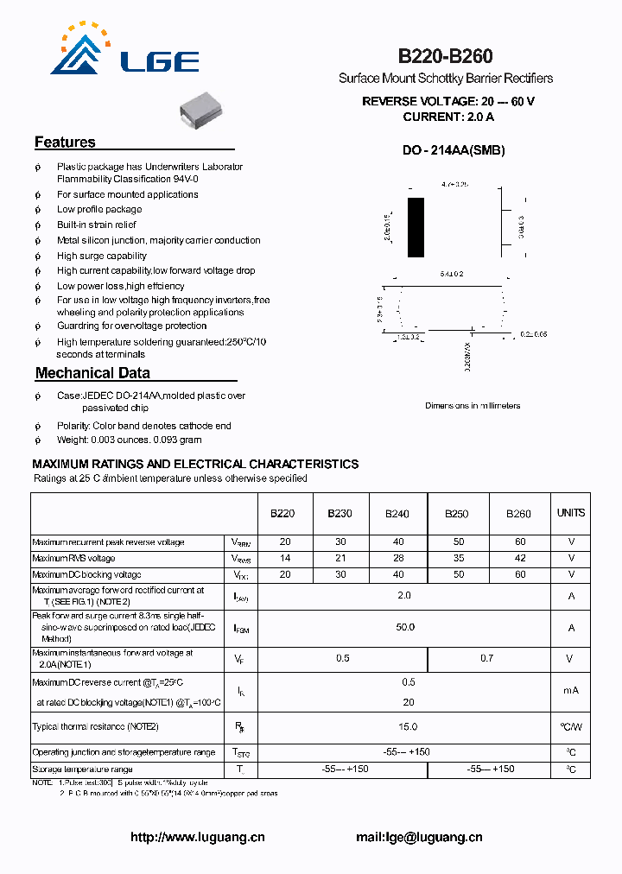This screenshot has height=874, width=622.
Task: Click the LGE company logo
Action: click(x=125, y=53)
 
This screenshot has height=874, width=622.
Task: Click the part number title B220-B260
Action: click(x=445, y=56)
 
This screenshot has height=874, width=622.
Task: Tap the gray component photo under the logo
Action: click(x=202, y=111)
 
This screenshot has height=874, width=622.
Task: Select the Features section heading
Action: click(x=65, y=142)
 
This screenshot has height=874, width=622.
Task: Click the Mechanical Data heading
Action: click(x=92, y=373)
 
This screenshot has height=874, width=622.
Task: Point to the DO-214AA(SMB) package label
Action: click(x=453, y=150)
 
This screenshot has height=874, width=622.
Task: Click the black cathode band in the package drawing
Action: click(x=416, y=227)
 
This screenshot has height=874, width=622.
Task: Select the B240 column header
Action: click(x=397, y=514)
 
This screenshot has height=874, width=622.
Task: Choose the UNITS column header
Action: click(x=570, y=513)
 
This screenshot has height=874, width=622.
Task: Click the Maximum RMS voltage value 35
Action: click(x=457, y=559)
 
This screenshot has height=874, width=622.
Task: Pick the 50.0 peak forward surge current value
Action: click(x=405, y=627)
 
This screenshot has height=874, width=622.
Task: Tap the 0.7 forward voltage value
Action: click(x=487, y=658)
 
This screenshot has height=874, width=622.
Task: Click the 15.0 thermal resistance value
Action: click(x=405, y=726)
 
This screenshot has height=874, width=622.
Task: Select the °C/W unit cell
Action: click(x=571, y=727)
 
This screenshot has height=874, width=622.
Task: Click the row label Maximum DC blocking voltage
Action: click(x=86, y=574)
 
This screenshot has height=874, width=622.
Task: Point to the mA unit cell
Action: click(x=571, y=690)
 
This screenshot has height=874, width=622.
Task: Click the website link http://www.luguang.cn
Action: click(x=197, y=837)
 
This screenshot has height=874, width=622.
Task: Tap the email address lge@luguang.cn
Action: click(x=419, y=837)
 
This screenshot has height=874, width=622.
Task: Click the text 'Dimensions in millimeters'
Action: click(x=473, y=405)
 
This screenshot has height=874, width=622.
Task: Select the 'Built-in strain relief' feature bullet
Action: click(x=97, y=225)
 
